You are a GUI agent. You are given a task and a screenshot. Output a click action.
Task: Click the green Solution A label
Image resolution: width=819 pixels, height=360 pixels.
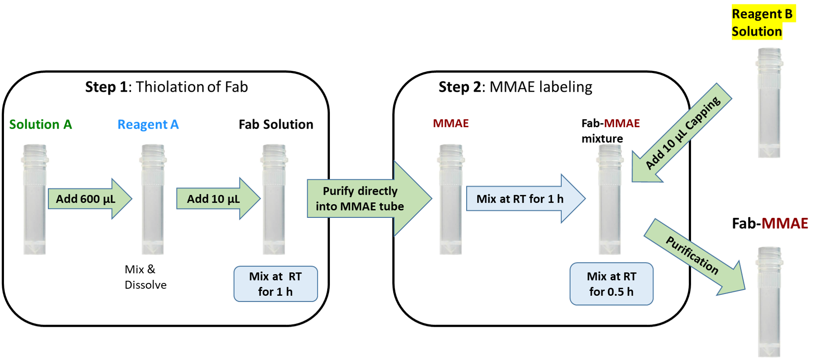(40, 124)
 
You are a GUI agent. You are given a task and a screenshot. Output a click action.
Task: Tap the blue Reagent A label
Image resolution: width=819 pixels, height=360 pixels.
(148, 125)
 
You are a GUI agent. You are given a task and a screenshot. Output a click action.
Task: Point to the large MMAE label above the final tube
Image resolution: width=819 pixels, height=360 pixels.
(784, 223)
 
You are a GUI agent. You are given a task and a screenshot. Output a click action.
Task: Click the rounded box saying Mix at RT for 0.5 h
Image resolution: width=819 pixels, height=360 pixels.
(611, 284)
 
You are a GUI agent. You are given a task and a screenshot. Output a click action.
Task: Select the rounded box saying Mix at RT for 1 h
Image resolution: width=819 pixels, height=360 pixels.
(275, 284)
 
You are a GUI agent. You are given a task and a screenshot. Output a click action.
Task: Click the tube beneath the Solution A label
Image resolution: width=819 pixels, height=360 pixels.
(34, 199)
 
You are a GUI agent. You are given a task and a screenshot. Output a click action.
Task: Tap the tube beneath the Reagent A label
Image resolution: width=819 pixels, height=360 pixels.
(152, 199)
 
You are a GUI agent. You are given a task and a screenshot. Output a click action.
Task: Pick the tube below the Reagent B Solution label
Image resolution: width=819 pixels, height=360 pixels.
(769, 102)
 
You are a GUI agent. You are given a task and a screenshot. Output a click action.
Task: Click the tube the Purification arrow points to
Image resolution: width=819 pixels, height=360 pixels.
(769, 301)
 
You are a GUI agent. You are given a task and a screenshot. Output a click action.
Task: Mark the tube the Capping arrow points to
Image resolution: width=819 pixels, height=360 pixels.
(610, 199)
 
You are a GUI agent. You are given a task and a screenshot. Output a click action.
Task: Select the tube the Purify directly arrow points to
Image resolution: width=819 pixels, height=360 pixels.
(450, 199)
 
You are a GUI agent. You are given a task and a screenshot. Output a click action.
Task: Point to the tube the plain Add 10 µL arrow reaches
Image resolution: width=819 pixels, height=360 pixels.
(274, 199)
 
